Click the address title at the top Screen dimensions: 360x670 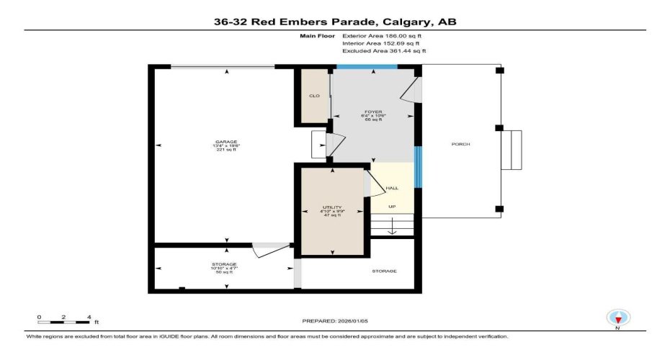click(x=334, y=22)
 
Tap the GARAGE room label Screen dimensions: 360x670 click(x=227, y=142)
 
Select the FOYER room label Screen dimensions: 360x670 click(x=372, y=112)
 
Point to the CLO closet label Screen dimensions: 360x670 click(x=314, y=96)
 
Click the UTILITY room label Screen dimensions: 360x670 click(x=332, y=207)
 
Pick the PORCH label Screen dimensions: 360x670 click(x=460, y=144)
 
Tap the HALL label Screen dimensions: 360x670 click(x=392, y=188)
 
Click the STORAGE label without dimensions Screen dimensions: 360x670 click(x=384, y=271)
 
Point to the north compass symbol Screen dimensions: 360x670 click(x=617, y=318)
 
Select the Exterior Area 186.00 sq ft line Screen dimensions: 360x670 click(x=383, y=35)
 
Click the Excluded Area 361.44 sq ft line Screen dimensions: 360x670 click(x=385, y=51)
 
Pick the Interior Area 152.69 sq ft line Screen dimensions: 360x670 click(x=383, y=43)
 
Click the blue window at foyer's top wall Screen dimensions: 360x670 click(x=367, y=67)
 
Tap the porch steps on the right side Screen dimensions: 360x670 click(x=512, y=150)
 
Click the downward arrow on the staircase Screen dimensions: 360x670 click(x=393, y=230)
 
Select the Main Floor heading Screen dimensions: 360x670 click(x=314, y=35)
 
